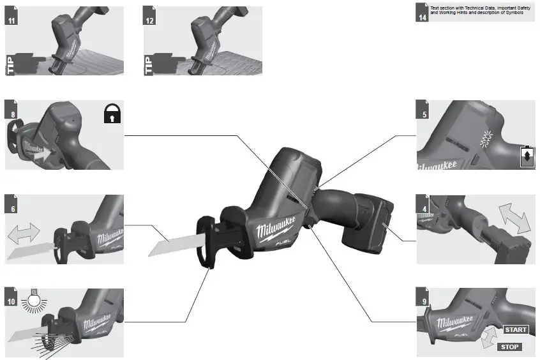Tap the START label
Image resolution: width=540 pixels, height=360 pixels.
(516, 329)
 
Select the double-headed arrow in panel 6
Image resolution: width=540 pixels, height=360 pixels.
(24, 235)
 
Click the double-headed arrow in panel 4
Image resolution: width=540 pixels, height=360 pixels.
(514, 218)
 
